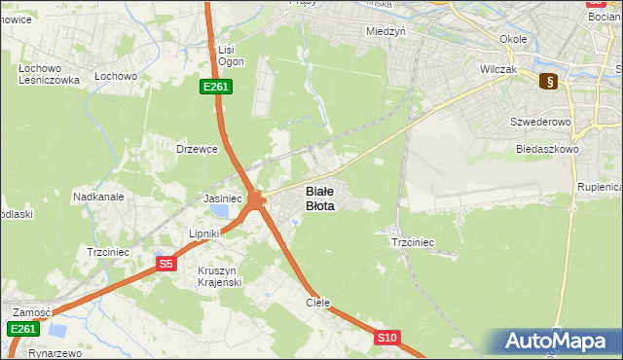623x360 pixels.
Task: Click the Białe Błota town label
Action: point(320,198)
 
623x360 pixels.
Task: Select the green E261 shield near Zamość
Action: point(23,330)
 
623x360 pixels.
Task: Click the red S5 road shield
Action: point(166,264)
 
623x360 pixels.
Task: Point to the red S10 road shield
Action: point(387,338)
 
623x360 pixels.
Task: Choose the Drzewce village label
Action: point(196,149)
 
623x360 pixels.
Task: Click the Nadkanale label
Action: point(98,197)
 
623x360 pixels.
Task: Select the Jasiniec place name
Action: point(222,198)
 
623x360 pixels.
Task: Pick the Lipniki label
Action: point(206,234)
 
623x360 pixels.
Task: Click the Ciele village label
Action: point(318,303)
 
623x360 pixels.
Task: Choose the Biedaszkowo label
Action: point(548,150)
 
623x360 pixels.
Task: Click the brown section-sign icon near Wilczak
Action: point(549,82)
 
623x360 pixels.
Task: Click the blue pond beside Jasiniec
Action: point(222,211)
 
